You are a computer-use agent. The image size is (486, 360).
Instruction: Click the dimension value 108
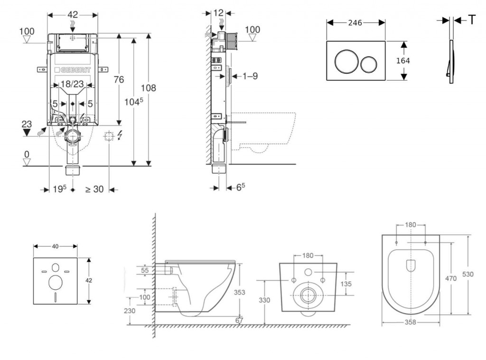(x=148, y=88)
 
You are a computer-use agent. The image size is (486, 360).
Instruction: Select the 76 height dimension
(x=118, y=80)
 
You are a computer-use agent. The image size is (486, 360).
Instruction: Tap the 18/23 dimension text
(x=72, y=84)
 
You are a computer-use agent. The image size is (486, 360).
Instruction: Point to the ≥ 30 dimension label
(x=94, y=189)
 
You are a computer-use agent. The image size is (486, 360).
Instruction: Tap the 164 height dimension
(x=402, y=61)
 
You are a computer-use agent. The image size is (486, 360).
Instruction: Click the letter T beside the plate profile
(x=472, y=19)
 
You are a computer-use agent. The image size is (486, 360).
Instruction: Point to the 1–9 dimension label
(x=250, y=76)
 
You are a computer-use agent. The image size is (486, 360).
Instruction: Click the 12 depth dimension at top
(x=218, y=13)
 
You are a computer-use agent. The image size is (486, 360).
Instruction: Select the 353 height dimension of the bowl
(x=240, y=293)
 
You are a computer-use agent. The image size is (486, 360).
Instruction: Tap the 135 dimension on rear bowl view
(x=346, y=284)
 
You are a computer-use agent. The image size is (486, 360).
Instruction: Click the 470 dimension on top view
(x=450, y=278)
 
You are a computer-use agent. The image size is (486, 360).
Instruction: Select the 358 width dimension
(x=410, y=322)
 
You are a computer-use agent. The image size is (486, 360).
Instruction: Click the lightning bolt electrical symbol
(x=120, y=136)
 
